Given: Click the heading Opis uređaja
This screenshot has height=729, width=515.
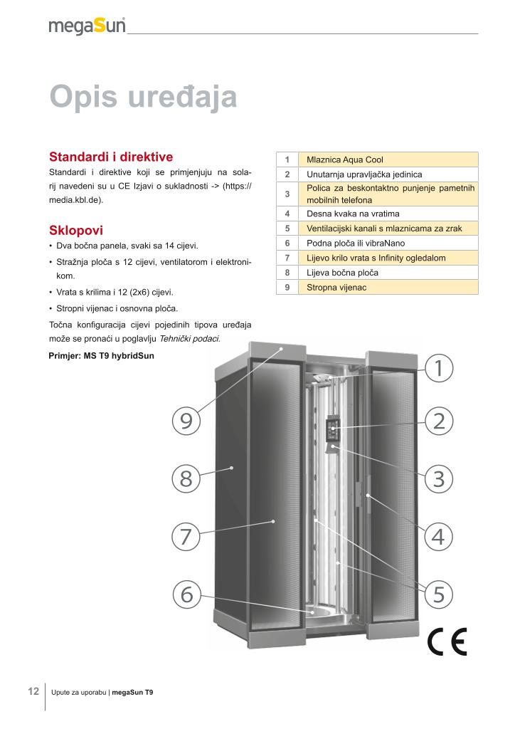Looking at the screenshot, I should click(143, 97).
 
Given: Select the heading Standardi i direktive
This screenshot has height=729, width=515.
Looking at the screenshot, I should click(110, 157).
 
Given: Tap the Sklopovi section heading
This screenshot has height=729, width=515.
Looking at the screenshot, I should click(76, 230).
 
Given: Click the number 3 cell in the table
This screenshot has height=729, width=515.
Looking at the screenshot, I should click(287, 194).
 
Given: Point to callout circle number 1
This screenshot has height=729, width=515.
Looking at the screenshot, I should click(438, 367).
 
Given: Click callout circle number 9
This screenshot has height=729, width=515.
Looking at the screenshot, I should click(186, 421).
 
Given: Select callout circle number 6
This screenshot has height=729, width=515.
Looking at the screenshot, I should click(186, 593).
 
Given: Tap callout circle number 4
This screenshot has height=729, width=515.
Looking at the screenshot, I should click(438, 535).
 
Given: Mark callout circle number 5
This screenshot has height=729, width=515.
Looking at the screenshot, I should click(438, 593).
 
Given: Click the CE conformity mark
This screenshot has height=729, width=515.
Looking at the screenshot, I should click(447, 642).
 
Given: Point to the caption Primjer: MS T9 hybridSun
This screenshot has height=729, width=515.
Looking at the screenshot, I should click(101, 355).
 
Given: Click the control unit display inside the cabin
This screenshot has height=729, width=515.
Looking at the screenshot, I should click(331, 430).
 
